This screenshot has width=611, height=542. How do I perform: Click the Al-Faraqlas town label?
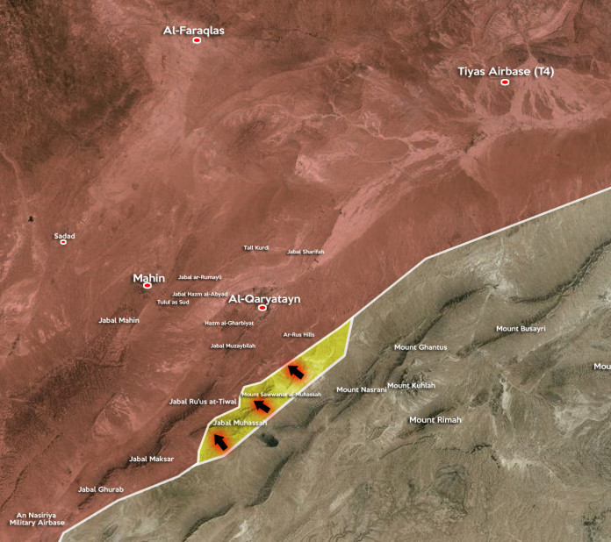(194, 30)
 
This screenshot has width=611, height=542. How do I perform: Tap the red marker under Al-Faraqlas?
(197, 40)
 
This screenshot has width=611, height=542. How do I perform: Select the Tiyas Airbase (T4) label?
(506, 71)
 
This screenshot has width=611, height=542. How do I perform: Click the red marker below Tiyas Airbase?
(505, 82)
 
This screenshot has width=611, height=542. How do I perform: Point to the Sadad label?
(64, 235)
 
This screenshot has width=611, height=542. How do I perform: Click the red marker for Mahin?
(147, 285)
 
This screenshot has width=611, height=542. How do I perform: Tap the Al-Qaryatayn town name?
(264, 299)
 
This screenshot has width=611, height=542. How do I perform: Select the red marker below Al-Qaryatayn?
(262, 308)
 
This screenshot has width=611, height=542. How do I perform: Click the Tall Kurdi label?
(256, 247)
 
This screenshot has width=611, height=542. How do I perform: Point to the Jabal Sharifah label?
(305, 252)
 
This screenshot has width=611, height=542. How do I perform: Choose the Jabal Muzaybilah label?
(233, 346)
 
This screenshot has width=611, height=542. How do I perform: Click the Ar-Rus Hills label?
(298, 334)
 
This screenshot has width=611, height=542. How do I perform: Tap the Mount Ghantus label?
(421, 347)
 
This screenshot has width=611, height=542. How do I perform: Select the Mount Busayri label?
(521, 329)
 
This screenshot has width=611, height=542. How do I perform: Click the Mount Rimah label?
(435, 420)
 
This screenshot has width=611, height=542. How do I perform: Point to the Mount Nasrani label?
(362, 389)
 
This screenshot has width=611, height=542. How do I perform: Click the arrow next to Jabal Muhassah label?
(221, 443)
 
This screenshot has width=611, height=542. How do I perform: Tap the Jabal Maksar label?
(151, 459)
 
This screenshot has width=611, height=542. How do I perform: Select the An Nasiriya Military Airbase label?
(38, 518)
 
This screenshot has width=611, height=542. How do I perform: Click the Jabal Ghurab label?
(101, 489)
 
